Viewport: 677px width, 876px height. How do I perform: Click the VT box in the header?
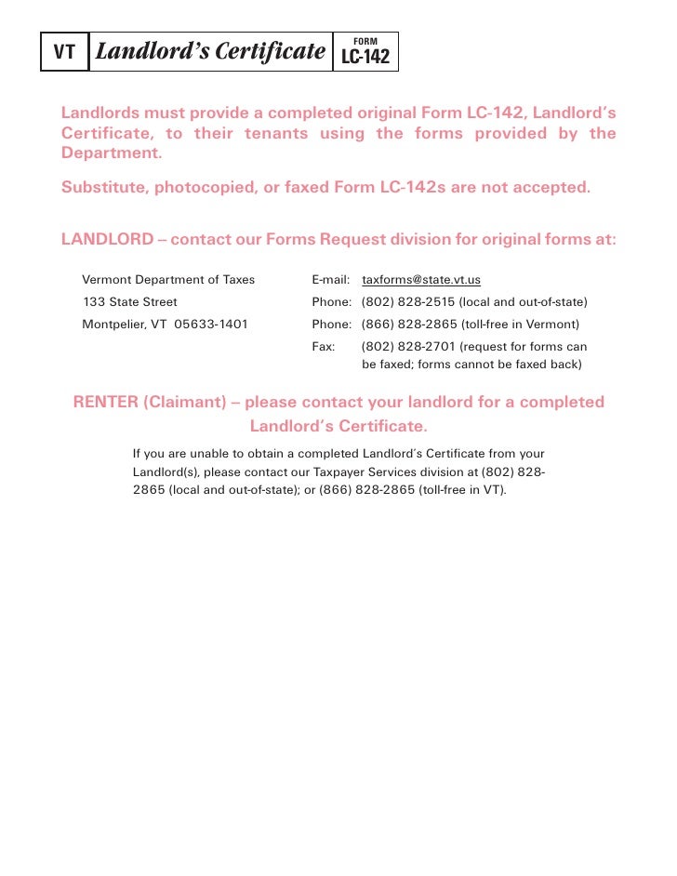[x=63, y=52]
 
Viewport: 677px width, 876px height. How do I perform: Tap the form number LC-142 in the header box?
[x=365, y=58]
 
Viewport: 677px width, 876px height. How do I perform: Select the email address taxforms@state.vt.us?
[x=420, y=279]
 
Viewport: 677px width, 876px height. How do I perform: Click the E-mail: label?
[x=330, y=279]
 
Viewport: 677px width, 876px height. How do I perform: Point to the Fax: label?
[x=323, y=347]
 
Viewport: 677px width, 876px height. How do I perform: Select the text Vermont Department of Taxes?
[x=168, y=279]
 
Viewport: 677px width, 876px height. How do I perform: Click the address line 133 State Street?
[x=129, y=302]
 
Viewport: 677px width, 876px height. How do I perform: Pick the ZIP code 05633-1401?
[x=211, y=325]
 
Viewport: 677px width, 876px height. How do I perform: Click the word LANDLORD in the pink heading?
[x=107, y=239]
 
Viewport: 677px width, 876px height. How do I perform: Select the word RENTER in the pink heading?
[x=105, y=403]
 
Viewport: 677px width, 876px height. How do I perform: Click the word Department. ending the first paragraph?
[x=112, y=153]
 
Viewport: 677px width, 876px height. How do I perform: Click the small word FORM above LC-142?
[x=365, y=42]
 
